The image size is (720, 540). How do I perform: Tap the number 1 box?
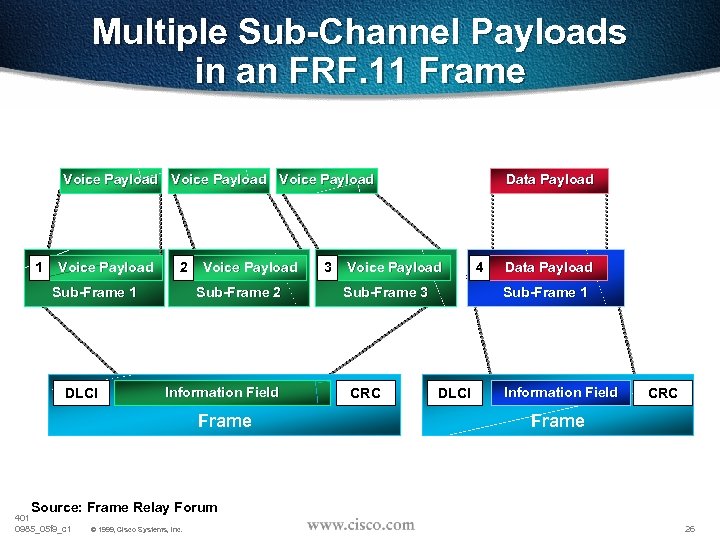point(38,267)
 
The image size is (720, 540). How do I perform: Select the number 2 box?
point(182,267)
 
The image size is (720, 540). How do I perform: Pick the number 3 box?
point(327,267)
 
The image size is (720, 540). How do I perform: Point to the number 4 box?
point(481,267)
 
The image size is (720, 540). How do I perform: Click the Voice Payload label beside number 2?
point(250,267)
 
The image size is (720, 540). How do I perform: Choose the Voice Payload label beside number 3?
point(394,267)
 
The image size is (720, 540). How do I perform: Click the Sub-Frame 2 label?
point(238,292)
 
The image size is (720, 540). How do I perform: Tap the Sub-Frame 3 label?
point(385,292)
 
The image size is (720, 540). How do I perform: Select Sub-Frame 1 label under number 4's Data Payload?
point(545,292)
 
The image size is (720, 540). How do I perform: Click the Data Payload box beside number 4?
point(549,267)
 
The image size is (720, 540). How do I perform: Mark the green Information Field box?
point(222,392)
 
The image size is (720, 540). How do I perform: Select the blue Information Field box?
point(561,392)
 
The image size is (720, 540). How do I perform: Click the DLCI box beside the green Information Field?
point(81,393)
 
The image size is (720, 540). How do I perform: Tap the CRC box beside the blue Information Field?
point(663,393)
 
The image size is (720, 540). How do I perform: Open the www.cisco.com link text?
point(360,524)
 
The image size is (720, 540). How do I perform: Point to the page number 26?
point(689,528)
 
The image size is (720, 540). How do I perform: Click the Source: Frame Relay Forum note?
point(124,507)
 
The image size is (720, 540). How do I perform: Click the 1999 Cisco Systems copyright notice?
point(136,529)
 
